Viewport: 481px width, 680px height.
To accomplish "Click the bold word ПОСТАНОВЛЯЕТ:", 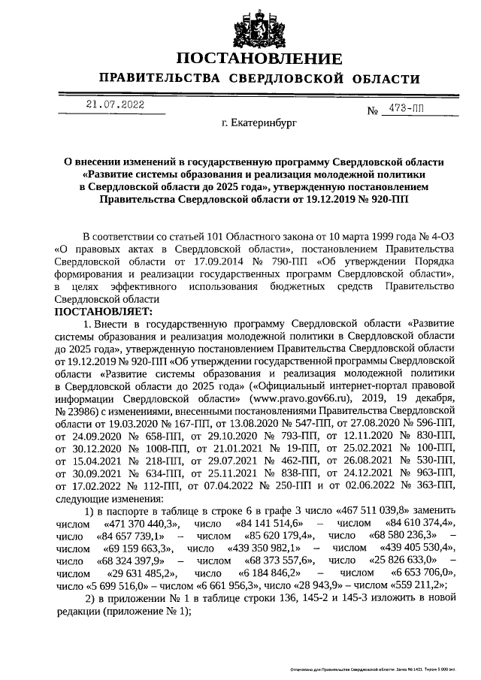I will tap(103, 310).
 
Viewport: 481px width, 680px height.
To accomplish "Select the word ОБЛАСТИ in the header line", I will tap(381, 79).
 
